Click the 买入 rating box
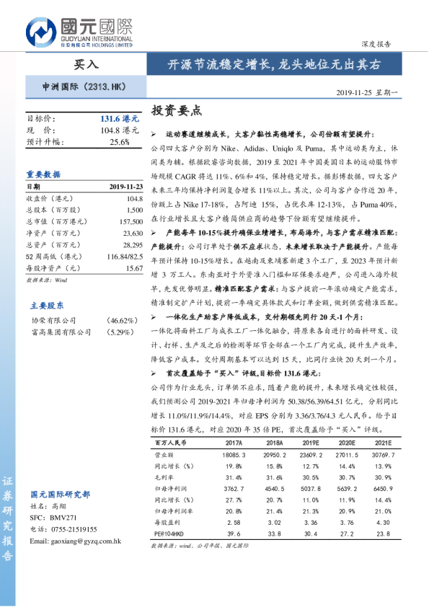[x=87, y=64]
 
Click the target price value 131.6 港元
[x=119, y=118]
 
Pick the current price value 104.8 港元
[x=120, y=130]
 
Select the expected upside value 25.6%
[x=120, y=142]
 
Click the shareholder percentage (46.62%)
[x=123, y=321]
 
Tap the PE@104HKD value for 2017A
[x=234, y=534]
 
